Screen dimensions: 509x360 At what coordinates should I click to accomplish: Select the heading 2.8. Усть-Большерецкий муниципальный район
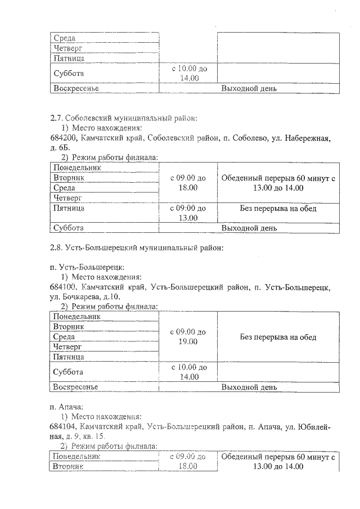coord(137,247)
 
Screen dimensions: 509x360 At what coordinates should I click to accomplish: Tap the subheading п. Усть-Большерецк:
coord(87,267)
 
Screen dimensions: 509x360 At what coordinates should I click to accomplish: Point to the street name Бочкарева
coord(80,296)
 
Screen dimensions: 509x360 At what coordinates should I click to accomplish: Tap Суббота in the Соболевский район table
coord(68,228)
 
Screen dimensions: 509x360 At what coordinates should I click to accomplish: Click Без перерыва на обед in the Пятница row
coord(278,209)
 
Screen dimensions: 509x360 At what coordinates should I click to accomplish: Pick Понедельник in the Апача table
coord(76,457)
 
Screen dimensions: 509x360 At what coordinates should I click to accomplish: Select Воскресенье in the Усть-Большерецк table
coord(76,387)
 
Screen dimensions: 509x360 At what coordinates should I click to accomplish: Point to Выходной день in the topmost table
coord(249,88)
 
